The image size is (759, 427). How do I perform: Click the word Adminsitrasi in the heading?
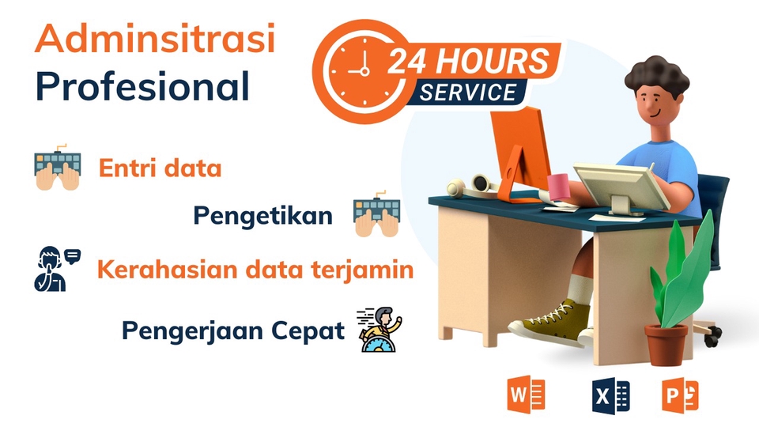[155, 40]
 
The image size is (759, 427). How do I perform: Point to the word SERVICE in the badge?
[467, 92]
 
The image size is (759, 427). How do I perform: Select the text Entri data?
[160, 168]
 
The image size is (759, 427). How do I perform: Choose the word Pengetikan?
[262, 215]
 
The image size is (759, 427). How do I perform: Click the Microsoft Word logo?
[527, 395]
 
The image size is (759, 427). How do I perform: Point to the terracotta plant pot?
[666, 343]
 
